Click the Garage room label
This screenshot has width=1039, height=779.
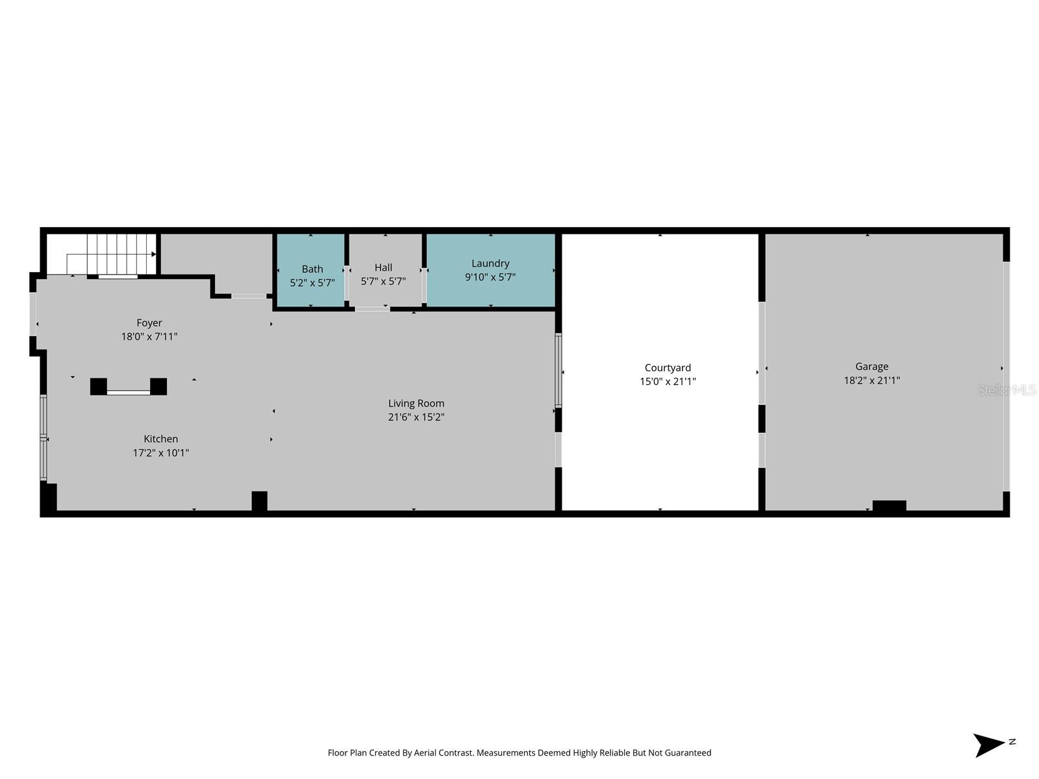[871, 367]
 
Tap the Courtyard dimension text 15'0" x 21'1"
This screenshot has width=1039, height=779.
[668, 382]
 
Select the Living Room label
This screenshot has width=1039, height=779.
[416, 403]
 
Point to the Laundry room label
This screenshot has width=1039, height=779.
[490, 263]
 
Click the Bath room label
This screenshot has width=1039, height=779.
[312, 269]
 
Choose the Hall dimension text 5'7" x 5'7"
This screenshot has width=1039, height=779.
[383, 281]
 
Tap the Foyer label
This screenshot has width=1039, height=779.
[149, 323]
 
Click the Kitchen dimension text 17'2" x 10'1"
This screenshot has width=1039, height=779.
[161, 452]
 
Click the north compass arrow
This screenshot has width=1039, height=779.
[989, 745]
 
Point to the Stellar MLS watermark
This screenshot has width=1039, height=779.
[1007, 390]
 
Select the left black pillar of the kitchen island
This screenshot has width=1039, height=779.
[99, 386]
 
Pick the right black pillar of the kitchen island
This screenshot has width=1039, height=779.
[158, 386]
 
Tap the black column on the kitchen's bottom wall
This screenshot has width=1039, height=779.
[259, 501]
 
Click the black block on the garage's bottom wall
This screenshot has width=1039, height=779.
[889, 506]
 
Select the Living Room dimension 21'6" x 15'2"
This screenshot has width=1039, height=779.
[416, 417]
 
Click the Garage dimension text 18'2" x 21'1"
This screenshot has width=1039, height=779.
[871, 380]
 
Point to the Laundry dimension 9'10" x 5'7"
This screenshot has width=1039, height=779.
[490, 277]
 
